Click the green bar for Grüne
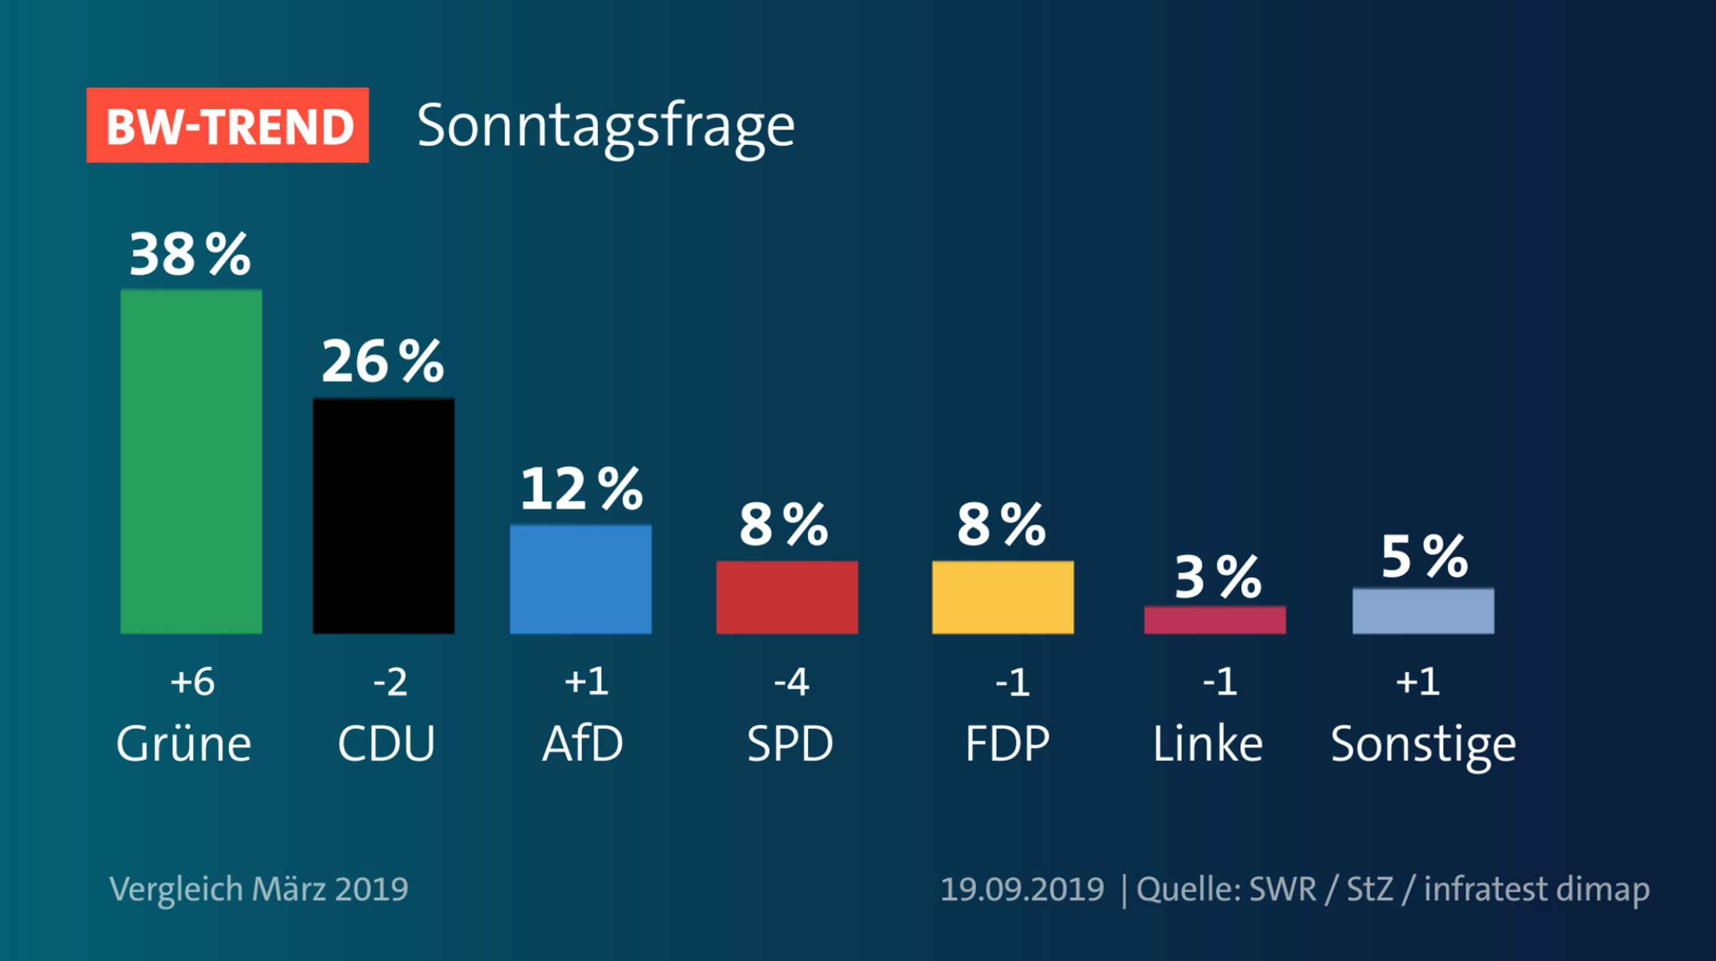pyautogui.click(x=191, y=461)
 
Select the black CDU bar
pyautogui.click(x=384, y=515)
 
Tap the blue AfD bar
pyautogui.click(x=580, y=579)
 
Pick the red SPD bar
pyautogui.click(x=787, y=597)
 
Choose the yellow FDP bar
pyautogui.click(x=1002, y=597)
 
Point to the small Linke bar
pyautogui.click(x=1215, y=620)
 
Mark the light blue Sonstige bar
pyautogui.click(x=1423, y=611)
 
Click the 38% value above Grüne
pyautogui.click(x=190, y=254)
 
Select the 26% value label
pyautogui.click(x=382, y=361)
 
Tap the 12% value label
pyautogui.click(x=581, y=489)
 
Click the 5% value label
pyautogui.click(x=1424, y=557)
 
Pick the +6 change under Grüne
pyautogui.click(x=192, y=682)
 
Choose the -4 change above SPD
pyautogui.click(x=791, y=682)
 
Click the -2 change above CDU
pyautogui.click(x=390, y=682)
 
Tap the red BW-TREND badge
pyautogui.click(x=228, y=125)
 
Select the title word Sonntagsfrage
pyautogui.click(x=606, y=127)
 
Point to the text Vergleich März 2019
pyautogui.click(x=259, y=889)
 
